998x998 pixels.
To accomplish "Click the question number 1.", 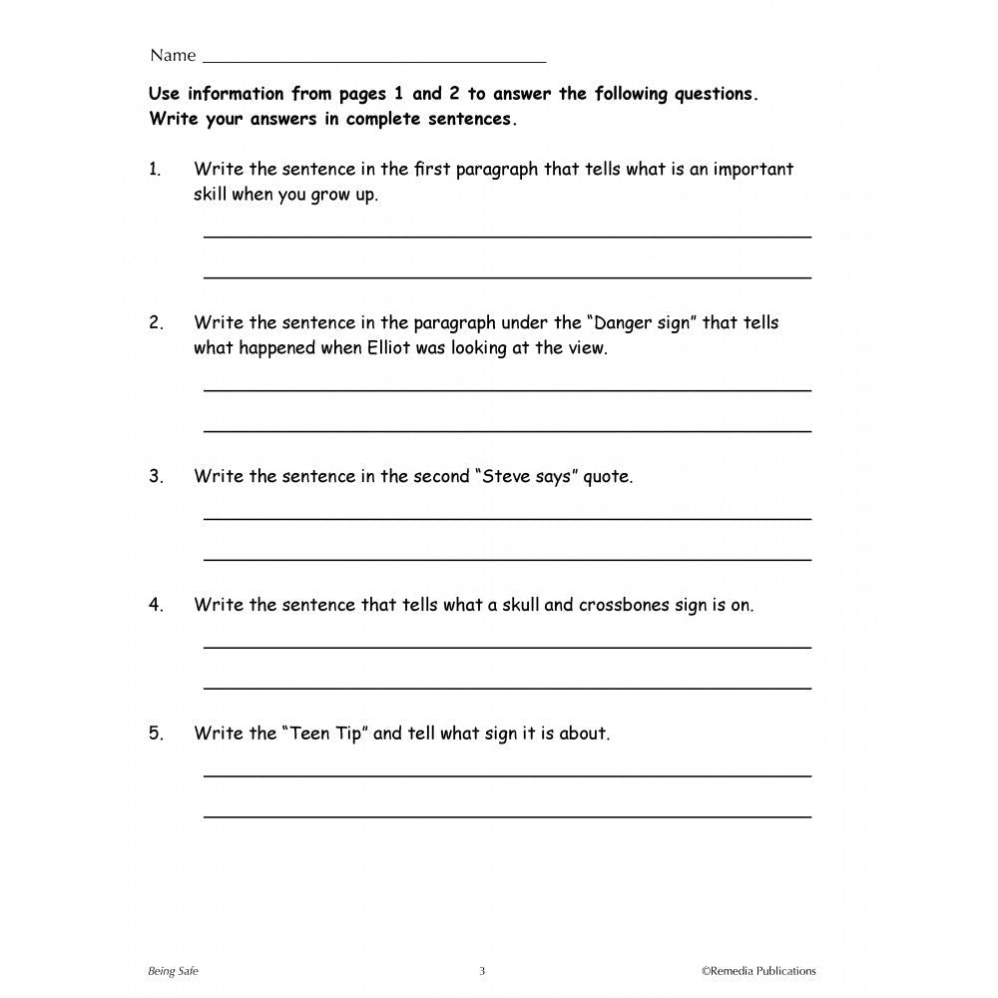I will (x=156, y=170).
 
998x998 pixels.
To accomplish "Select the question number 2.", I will (x=156, y=323).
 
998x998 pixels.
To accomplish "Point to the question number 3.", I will (x=156, y=477).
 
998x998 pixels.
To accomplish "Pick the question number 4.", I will (x=156, y=605).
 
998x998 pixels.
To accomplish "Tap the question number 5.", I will (x=156, y=734).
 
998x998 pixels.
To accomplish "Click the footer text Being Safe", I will (x=172, y=971).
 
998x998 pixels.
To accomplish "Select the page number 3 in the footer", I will (x=482, y=971).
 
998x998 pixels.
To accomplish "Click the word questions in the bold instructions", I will (x=716, y=95).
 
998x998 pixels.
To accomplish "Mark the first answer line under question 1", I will (x=507, y=237).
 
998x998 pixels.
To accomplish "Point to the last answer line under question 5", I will (x=507, y=816).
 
